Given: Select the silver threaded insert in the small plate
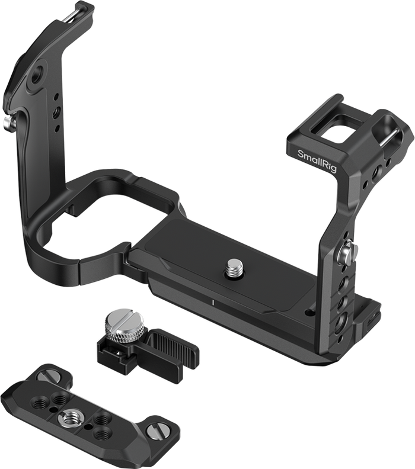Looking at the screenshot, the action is tap(68, 416).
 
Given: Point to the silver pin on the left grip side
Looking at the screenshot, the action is tap(8, 121).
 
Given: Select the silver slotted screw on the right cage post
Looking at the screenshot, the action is tap(346, 252).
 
